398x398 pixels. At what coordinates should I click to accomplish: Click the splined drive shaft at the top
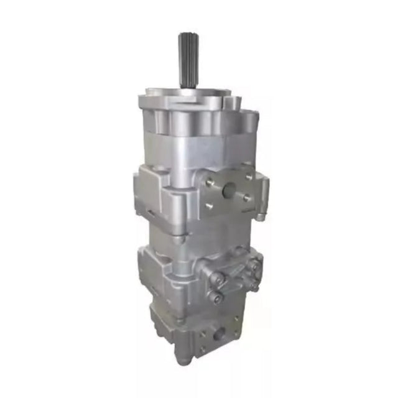[188, 59]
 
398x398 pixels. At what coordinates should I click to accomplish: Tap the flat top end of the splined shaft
[188, 35]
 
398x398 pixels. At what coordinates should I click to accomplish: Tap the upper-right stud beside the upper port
[249, 177]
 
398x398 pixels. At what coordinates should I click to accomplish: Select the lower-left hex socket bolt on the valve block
[216, 297]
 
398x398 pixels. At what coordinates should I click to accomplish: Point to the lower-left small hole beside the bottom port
[203, 348]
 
